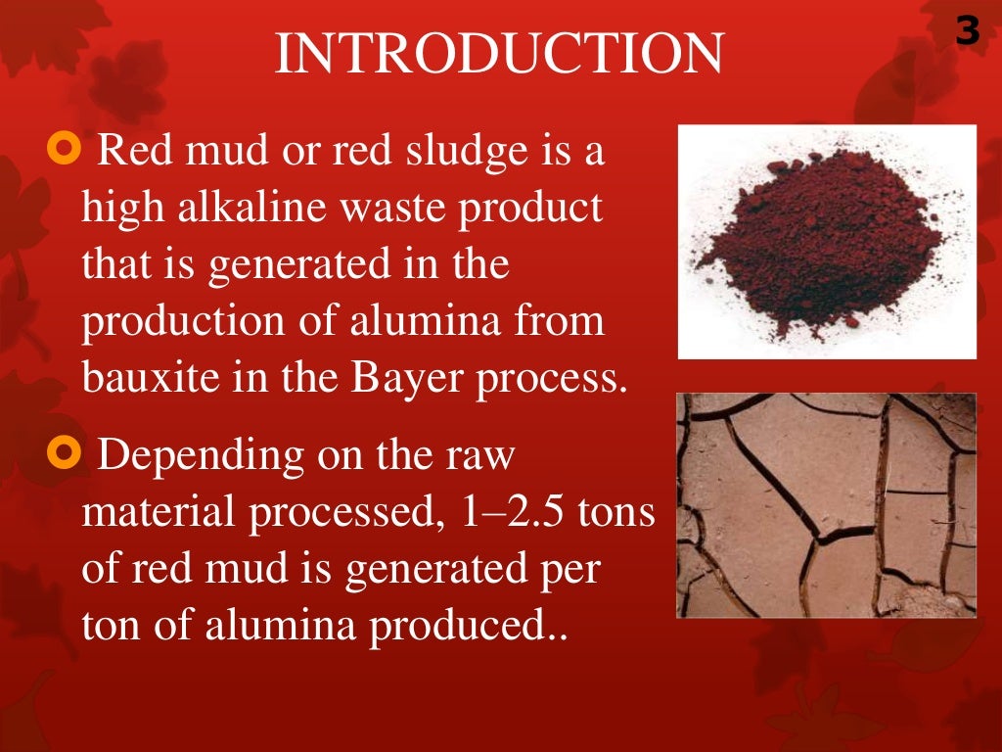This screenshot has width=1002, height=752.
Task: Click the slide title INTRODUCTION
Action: pos(500,54)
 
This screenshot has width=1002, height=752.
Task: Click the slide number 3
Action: pos(967,33)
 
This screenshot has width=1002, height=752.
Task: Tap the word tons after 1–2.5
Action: pos(617,514)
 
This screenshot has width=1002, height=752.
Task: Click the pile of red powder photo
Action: pos(827,242)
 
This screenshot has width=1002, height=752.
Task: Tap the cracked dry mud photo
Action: pos(827,504)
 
